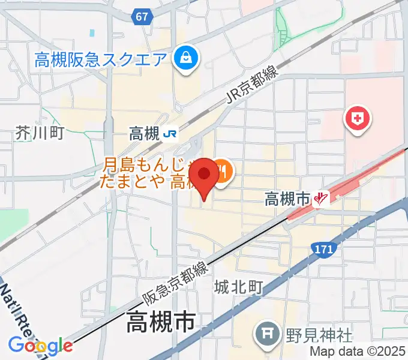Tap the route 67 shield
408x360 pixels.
coord(142,17)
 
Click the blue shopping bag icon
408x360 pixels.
coord(182,58)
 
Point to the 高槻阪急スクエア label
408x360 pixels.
coord(100,59)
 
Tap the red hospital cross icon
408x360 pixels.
coord(357,118)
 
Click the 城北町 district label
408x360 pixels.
coord(239,288)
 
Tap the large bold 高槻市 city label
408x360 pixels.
coord(161,324)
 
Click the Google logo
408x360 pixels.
coord(41,346)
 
